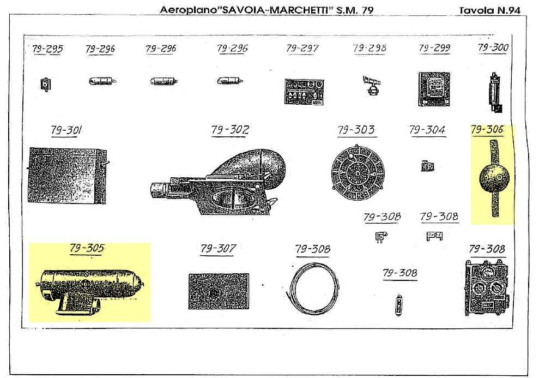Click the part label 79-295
pos(47,49)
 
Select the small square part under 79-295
pos(46,84)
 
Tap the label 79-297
pos(302,48)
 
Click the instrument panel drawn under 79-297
pos(304,92)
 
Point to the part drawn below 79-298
pos(372,86)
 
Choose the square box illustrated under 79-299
pos(434,89)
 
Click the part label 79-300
pos(493,47)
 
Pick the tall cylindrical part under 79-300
pos(495,93)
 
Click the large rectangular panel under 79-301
pos(68,176)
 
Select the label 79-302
pos(230,130)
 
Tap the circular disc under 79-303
pos(358,172)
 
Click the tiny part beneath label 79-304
pos(427,166)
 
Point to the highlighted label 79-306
pos(487,130)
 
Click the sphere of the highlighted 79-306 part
pos(494,177)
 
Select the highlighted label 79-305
pos(87,248)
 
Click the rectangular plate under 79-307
pos(219,291)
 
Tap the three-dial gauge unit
pos(487,288)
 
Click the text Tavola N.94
pos(489,10)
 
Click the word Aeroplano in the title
pos(189,10)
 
